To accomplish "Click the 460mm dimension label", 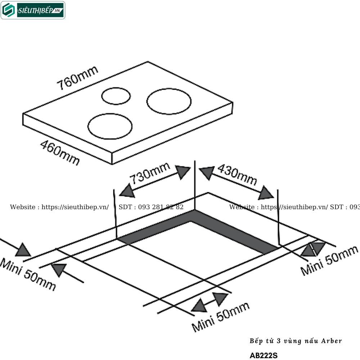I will tap(59, 153).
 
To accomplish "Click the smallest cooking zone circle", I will tap(116, 96).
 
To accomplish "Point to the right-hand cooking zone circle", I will tap(169, 102).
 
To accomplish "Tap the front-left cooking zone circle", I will tap(110, 126).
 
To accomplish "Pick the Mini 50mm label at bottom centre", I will tap(220, 317).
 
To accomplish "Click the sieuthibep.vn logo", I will tap(33, 10).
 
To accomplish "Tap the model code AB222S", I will tap(264, 355).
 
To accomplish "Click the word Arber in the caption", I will tap(330, 341).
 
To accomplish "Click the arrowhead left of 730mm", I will tap(127, 190).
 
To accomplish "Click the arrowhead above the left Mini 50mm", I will tap(24, 250).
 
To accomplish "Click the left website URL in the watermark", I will tap(75, 207).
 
